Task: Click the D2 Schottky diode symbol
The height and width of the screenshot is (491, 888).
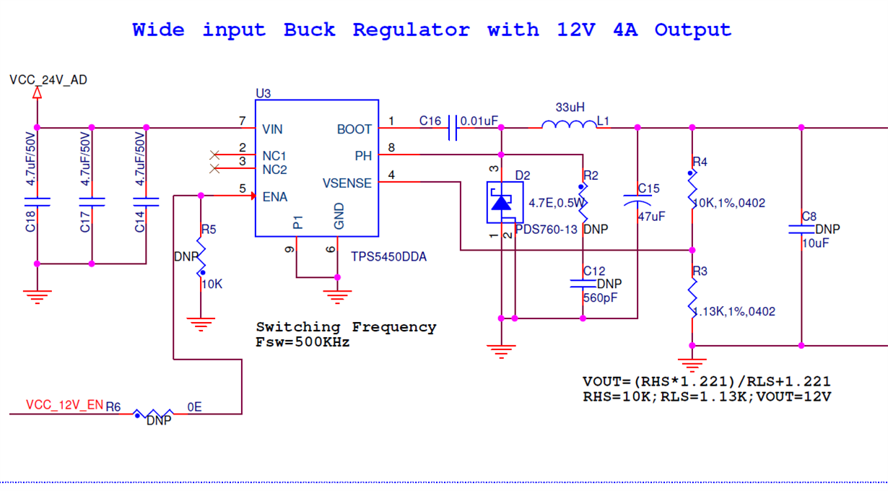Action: pyautogui.click(x=502, y=202)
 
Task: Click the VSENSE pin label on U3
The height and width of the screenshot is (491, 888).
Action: pyautogui.click(x=347, y=183)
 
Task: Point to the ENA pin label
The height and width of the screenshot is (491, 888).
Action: pyautogui.click(x=274, y=197)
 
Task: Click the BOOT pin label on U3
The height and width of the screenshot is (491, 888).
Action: pyautogui.click(x=354, y=129)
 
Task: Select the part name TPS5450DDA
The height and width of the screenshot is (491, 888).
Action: pyautogui.click(x=388, y=256)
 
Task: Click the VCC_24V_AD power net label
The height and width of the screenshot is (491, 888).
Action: pyautogui.click(x=48, y=80)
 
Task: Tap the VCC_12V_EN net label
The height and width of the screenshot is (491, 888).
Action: pyautogui.click(x=64, y=406)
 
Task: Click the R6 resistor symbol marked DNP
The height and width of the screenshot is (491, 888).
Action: pyautogui.click(x=153, y=414)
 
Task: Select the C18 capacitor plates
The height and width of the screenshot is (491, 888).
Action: pyautogui.click(x=38, y=201)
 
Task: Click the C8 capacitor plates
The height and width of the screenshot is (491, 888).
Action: pyautogui.click(x=801, y=229)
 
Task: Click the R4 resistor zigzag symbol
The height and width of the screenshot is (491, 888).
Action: pyautogui.click(x=692, y=189)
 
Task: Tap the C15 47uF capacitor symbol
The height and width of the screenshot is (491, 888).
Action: pyautogui.click(x=637, y=201)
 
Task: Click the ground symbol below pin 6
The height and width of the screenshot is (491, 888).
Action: pyautogui.click(x=337, y=295)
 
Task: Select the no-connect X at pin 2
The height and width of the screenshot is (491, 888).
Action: pyautogui.click(x=214, y=155)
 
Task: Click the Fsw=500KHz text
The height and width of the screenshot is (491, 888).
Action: pyautogui.click(x=302, y=342)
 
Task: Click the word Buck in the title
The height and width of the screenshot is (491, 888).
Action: pyautogui.click(x=309, y=30)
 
